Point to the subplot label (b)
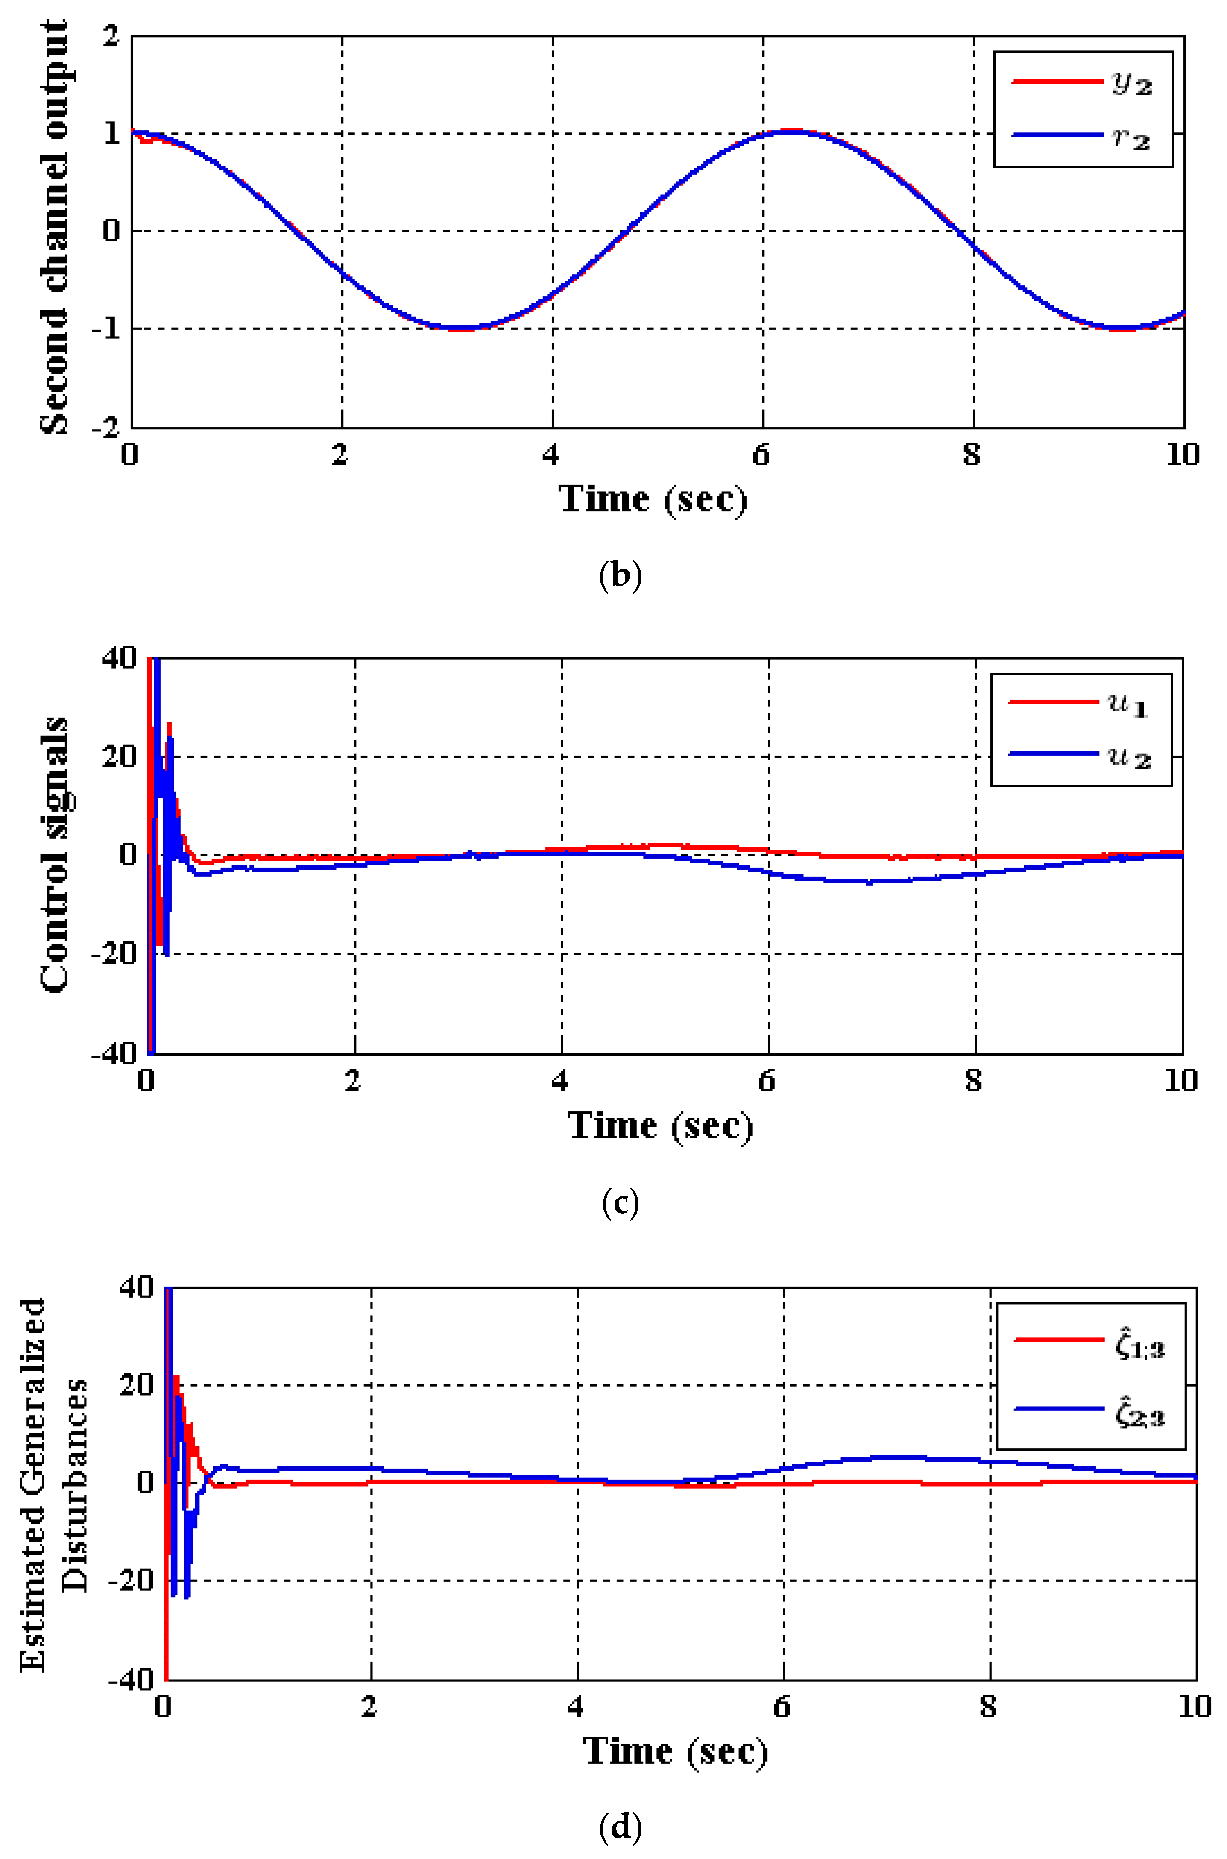[620, 576]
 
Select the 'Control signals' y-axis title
[55, 855]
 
